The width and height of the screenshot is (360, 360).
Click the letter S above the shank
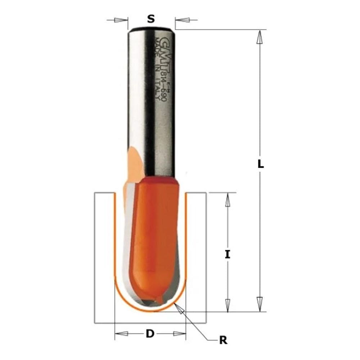[x=151, y=19]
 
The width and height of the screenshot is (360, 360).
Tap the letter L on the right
[x=261, y=165]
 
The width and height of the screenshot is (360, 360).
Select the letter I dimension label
[x=227, y=255]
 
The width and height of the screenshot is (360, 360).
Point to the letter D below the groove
[x=150, y=334]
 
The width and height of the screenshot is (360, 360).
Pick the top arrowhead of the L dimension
[x=259, y=37]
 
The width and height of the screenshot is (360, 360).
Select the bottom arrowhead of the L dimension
[x=259, y=303]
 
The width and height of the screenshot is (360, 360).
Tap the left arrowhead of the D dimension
[x=122, y=334]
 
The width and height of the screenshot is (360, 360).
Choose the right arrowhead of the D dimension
[x=179, y=334]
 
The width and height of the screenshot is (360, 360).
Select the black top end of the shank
[x=152, y=28]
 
